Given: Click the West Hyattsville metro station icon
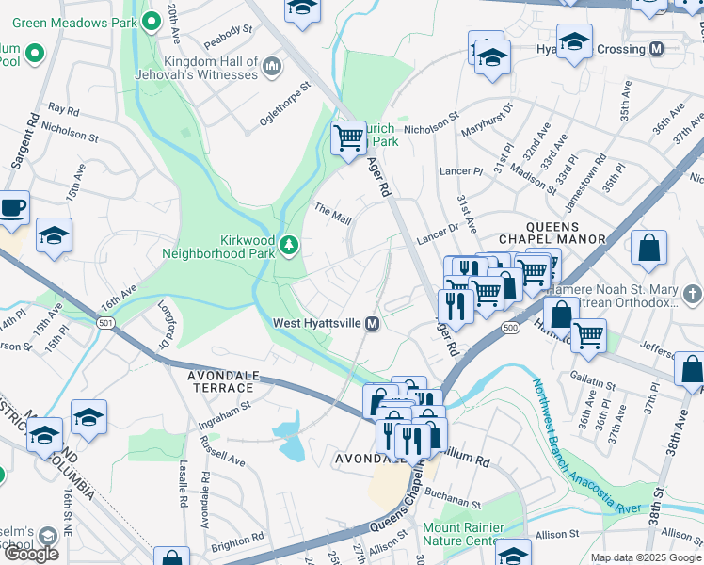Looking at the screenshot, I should (373, 324).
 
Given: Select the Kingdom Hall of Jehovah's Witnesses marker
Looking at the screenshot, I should (273, 65).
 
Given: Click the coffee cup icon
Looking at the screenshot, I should (12, 207).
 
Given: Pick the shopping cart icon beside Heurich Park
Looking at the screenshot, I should (348, 138).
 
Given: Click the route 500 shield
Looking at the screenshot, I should (510, 327).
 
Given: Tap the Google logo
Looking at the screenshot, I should (31, 554).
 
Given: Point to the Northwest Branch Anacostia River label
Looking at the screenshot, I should (583, 446).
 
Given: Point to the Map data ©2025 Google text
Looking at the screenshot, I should (646, 557).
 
